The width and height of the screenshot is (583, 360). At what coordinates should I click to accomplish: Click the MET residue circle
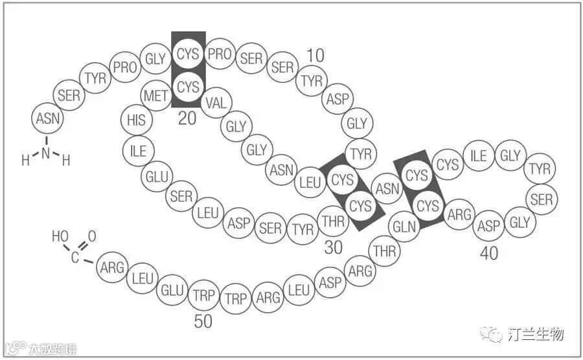[156, 96]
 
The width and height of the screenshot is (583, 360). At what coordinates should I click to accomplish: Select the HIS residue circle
[137, 120]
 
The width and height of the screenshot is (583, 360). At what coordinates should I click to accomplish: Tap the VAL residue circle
[216, 102]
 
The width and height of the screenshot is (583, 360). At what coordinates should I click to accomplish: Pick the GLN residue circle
[405, 227]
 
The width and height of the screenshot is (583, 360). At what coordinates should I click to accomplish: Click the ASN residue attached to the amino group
[47, 118]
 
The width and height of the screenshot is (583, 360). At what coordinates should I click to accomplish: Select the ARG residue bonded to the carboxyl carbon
[112, 267]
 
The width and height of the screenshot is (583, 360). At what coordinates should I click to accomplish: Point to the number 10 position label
[315, 56]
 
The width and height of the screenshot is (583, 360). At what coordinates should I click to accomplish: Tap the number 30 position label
[334, 247]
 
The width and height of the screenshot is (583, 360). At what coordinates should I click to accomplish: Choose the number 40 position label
[489, 253]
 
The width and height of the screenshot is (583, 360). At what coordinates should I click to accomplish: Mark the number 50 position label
[203, 321]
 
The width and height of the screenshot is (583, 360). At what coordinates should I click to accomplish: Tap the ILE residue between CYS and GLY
[479, 156]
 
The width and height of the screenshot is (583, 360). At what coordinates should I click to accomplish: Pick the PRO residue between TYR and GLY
[124, 67]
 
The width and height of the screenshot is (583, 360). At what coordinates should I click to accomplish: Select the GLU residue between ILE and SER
[157, 176]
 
